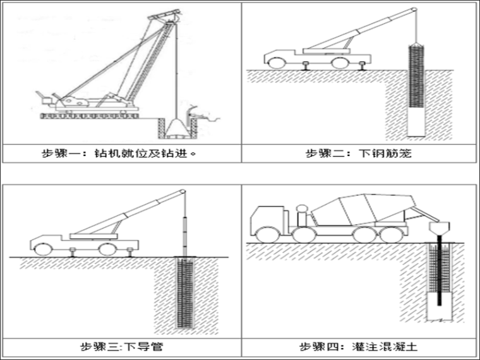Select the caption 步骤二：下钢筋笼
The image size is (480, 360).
358,153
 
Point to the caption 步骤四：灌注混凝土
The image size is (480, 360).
358,346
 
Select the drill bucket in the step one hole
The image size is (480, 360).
175,129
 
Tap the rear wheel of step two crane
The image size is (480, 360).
339,62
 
